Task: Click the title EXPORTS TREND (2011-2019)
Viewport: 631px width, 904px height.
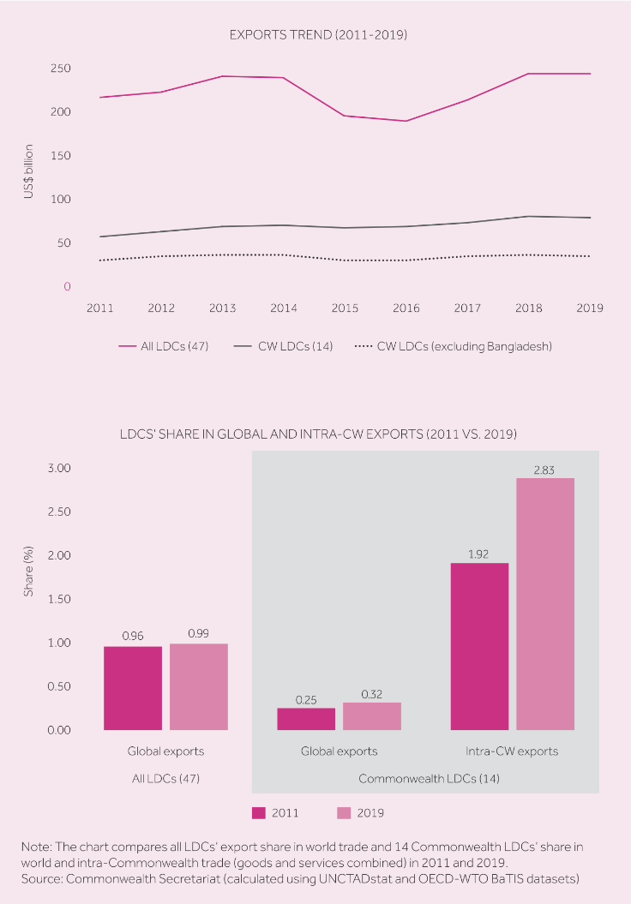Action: (317, 35)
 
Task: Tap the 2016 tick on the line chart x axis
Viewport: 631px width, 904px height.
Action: (406, 308)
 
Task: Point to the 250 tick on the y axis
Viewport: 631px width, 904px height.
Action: (59, 69)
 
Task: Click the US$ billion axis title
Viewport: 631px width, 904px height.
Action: (28, 177)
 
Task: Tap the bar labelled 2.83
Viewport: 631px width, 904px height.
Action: (544, 604)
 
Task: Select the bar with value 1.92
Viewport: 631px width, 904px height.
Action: (479, 646)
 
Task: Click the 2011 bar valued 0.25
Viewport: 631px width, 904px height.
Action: (306, 719)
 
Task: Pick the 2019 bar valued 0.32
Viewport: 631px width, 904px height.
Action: (371, 716)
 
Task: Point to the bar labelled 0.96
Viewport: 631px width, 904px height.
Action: (133, 688)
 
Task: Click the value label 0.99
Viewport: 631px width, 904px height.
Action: (199, 633)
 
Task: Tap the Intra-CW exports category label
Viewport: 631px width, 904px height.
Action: (512, 751)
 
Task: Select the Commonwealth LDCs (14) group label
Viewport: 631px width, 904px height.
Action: (429, 779)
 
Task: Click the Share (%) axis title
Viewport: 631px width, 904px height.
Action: (28, 573)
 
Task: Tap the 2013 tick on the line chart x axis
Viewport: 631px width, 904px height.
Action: (222, 308)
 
